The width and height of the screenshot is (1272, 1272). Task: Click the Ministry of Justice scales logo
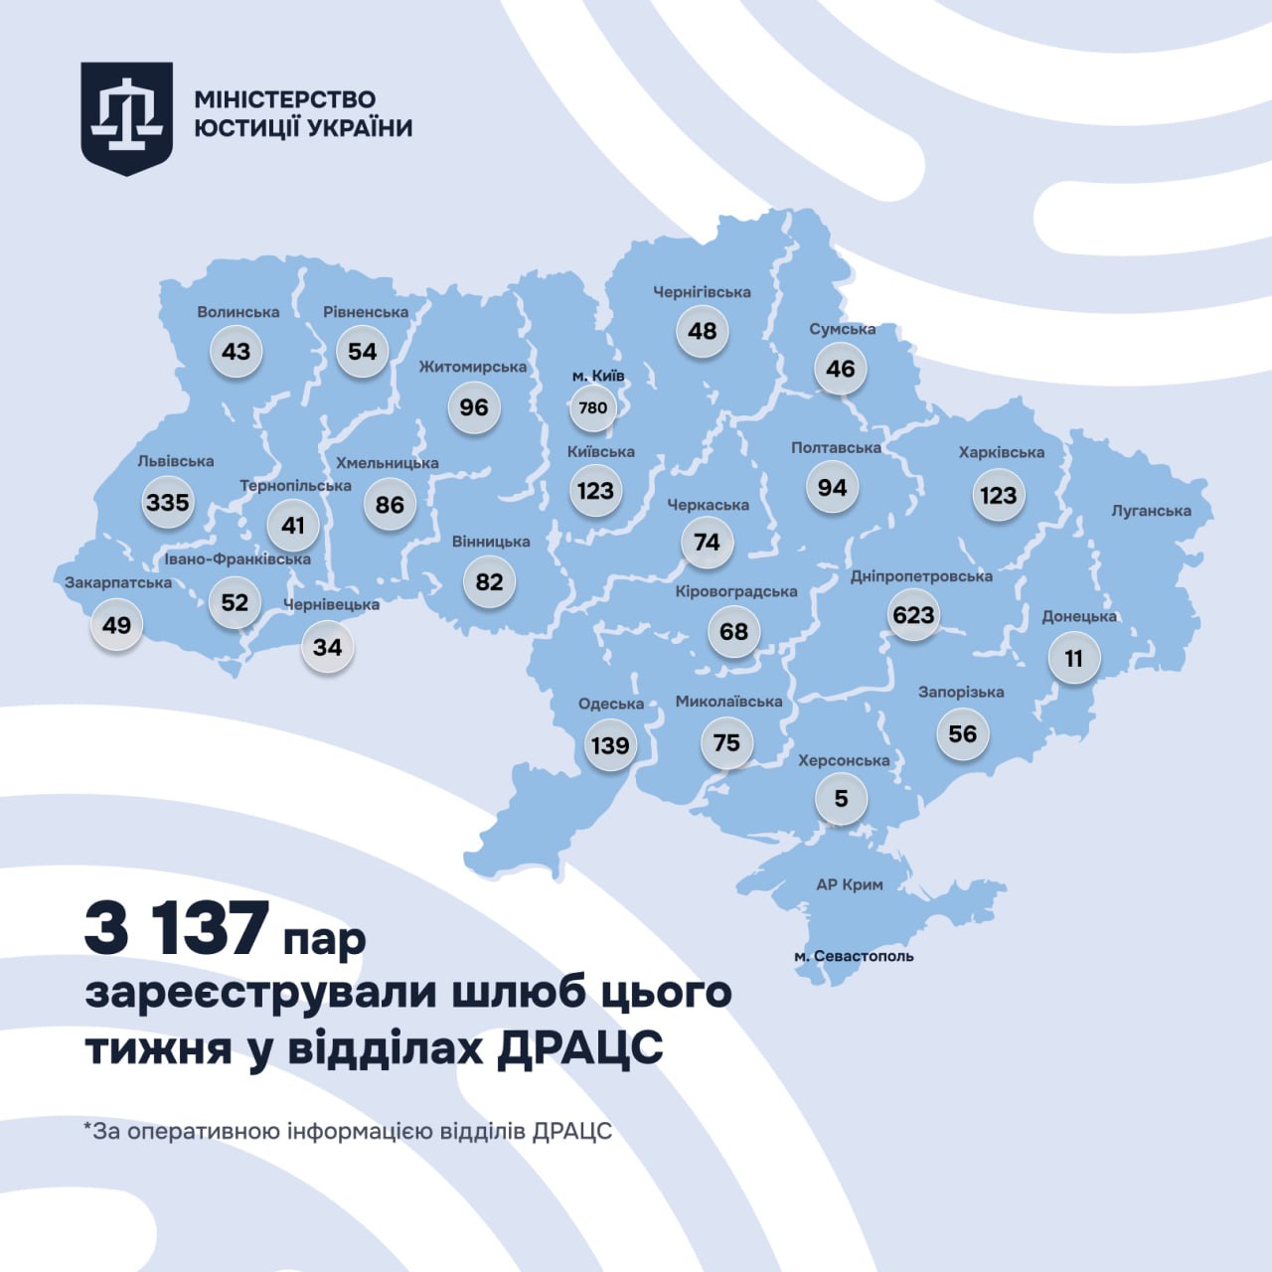point(126,117)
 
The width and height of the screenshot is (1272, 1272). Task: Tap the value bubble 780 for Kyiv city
point(593,407)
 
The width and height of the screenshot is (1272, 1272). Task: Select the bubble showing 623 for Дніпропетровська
point(913,615)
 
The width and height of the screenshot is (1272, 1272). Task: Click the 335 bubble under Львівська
point(167,502)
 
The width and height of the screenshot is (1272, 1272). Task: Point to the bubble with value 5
point(841,799)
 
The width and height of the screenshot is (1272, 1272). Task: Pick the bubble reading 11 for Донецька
point(1073,659)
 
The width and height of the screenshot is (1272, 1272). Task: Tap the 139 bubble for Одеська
point(610,745)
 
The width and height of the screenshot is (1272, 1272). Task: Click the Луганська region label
point(1151,511)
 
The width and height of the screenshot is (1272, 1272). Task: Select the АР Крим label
point(849,884)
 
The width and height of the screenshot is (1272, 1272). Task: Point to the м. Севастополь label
point(854,956)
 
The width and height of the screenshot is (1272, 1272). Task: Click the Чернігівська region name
point(702,292)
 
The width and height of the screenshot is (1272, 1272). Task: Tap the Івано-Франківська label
point(238,559)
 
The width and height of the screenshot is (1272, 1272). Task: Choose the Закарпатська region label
point(118,582)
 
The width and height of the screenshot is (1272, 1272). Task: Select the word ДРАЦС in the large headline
point(579,1047)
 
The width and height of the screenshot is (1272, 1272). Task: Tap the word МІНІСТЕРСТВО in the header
point(285,99)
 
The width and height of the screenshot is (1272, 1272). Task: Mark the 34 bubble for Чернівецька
point(327,648)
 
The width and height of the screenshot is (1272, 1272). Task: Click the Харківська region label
point(1001,452)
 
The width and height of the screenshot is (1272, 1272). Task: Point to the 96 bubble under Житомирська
point(474,407)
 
